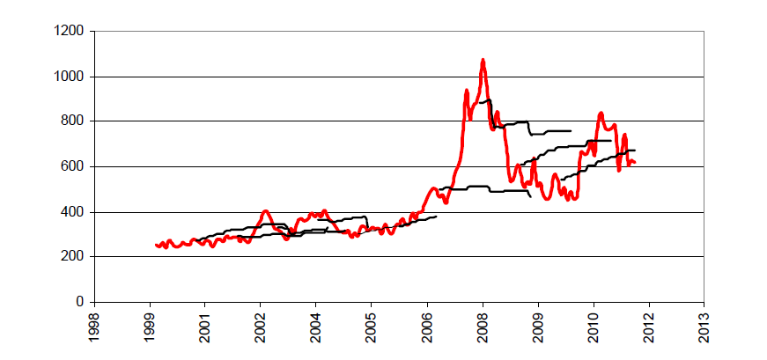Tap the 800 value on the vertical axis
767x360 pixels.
tap(74, 121)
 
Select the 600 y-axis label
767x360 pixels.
tap(74, 167)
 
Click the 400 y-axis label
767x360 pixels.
tap(74, 212)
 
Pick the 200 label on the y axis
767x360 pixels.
tap(74, 257)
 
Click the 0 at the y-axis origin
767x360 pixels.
tap(81, 302)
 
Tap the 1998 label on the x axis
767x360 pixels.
tap(94, 326)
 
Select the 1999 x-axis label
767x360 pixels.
tap(150, 326)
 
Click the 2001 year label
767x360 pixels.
tap(205, 326)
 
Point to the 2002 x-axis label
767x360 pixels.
tap(261, 326)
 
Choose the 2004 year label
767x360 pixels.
tap(316, 326)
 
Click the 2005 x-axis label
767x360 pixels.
tap(372, 326)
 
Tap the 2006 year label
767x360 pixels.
tap(427, 326)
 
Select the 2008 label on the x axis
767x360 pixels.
tap(483, 326)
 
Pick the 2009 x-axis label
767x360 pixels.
tap(538, 326)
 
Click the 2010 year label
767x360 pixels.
tap(594, 326)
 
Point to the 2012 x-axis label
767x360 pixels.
tap(649, 326)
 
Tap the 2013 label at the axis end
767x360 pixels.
tap(704, 326)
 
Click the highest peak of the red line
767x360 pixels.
tap(483, 60)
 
